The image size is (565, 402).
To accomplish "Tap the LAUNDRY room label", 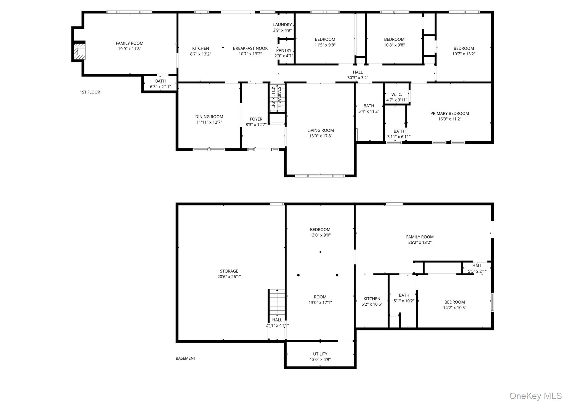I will tap(282, 25).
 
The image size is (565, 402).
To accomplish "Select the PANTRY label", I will tap(284, 50).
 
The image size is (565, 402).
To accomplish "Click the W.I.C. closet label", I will tap(396, 94).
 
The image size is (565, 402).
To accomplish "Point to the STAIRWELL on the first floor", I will tap(277, 98).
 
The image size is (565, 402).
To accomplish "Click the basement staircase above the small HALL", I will tap(277, 302).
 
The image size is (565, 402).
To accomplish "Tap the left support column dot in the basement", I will tap(298, 275).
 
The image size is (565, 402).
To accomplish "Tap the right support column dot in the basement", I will tap(337, 275).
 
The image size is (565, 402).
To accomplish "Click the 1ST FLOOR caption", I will tap(90, 92).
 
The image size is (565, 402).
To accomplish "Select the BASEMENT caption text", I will tap(186, 358).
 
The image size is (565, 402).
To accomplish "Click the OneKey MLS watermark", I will tap(535, 396).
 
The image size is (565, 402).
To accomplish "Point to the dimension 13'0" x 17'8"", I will tap(320, 136).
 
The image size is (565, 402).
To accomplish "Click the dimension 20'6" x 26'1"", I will tap(229, 277).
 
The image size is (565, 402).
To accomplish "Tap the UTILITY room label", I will tap(320, 354).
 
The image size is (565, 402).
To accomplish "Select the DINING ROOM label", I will tap(209, 117).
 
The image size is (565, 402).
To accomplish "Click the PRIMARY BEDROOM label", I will tap(449, 113).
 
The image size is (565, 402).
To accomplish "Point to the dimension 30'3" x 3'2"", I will tap(358, 78).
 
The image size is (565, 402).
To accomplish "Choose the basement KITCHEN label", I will tap(372, 299).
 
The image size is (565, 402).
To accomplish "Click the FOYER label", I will tap(256, 119).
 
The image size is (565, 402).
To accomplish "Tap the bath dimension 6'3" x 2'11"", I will tap(160, 87).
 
